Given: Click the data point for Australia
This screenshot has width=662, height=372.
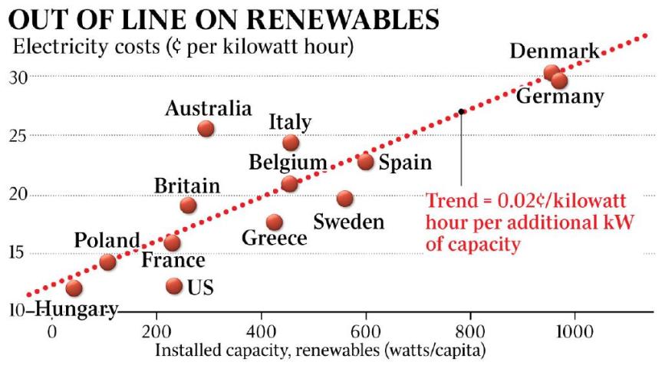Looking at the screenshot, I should point(206,128).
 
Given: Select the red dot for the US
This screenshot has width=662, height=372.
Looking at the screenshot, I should point(174,286).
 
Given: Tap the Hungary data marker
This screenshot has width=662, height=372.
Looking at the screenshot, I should point(74,288).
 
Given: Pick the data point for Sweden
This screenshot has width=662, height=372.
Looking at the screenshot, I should point(345,199).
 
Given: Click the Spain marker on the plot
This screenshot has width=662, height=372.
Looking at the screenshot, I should point(366,161).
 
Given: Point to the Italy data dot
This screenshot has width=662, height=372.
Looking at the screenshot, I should point(291,143).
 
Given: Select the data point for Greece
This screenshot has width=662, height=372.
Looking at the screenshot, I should point(275,222).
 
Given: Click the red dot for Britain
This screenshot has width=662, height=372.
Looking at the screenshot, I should point(188,205).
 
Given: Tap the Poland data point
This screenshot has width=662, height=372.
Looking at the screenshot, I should point(107,262).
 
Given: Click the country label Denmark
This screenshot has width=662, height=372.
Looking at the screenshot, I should point(554,52).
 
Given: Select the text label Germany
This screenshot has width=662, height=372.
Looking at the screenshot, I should point(559,97).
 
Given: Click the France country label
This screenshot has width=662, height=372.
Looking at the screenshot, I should point(173,261).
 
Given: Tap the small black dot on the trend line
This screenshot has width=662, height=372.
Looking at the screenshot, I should point(461,111).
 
